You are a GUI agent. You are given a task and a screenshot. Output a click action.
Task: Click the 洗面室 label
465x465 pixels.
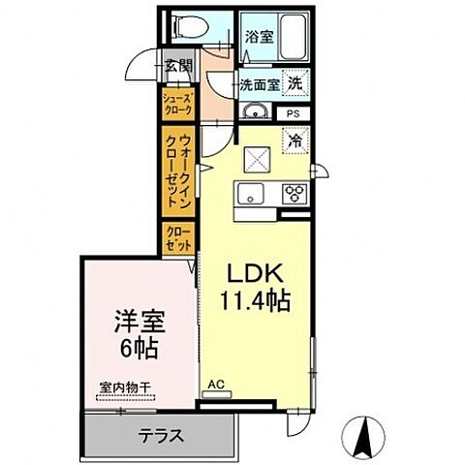coord(260,84)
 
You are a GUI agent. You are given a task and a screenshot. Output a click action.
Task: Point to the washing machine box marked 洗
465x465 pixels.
coord(294,83)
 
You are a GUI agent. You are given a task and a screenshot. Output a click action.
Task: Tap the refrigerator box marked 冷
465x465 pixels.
coord(294,140)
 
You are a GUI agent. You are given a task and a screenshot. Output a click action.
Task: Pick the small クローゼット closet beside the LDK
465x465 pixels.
coord(178,239)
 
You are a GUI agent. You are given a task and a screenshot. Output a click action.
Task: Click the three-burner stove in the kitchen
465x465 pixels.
coord(294,194)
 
